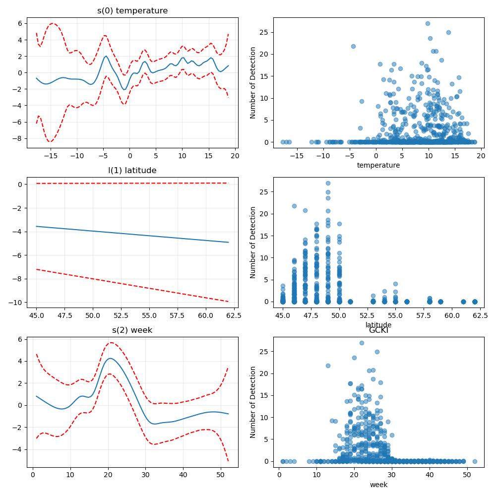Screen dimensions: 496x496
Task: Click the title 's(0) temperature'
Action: click(x=132, y=11)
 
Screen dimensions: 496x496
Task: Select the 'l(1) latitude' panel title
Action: click(x=132, y=171)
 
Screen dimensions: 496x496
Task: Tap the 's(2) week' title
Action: click(x=132, y=330)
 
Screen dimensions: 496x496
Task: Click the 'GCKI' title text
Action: click(x=378, y=330)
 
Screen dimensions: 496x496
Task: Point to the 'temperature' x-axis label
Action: click(x=378, y=165)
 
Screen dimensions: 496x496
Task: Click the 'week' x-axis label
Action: click(x=378, y=485)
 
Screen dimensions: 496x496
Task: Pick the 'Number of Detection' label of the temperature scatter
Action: click(x=252, y=83)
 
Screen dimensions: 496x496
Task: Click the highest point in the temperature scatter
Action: click(x=428, y=23)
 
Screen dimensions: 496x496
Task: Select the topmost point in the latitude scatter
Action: click(x=328, y=183)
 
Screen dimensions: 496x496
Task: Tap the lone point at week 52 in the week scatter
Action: click(x=475, y=461)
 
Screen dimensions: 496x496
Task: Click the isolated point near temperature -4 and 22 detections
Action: click(x=353, y=46)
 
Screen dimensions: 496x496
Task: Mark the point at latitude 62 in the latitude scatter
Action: click(x=475, y=302)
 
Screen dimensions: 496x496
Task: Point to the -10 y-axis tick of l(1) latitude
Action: click(x=15, y=303)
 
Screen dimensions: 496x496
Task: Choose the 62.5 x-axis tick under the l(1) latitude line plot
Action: click(x=234, y=315)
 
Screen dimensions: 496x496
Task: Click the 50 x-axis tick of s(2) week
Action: click(x=221, y=475)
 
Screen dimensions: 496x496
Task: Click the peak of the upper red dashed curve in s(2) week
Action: click(x=111, y=342)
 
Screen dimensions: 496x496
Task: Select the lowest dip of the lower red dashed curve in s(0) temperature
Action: click(x=50, y=141)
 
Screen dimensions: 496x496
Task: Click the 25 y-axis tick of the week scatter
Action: click(x=265, y=352)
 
